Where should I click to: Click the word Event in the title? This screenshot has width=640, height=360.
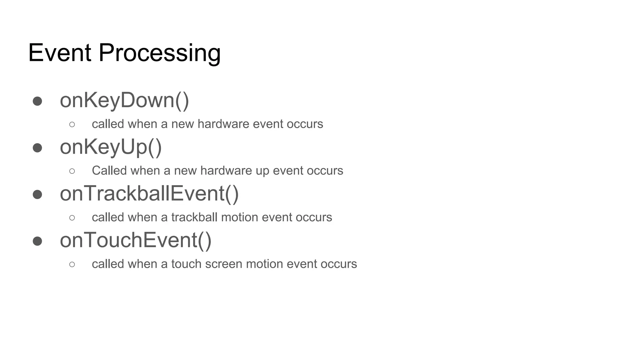[x=60, y=53]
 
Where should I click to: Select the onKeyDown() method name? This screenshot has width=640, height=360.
[x=124, y=100]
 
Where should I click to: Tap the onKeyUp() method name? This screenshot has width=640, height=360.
[x=111, y=147]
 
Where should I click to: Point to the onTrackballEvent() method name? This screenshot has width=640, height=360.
[x=149, y=193]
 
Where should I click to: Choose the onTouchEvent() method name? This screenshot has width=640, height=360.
[x=136, y=240]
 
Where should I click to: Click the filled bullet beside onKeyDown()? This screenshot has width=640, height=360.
[x=37, y=101]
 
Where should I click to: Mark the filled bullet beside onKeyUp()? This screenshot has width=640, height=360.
[x=37, y=147]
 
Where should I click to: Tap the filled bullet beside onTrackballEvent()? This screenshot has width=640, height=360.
[x=37, y=194]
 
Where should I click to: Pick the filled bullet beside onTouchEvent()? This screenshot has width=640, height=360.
[x=37, y=241]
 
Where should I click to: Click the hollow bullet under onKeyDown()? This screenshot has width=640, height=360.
[x=72, y=124]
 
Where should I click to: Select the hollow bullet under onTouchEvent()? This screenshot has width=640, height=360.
[x=72, y=264]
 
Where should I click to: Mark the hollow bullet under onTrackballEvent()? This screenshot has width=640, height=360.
[x=72, y=217]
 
